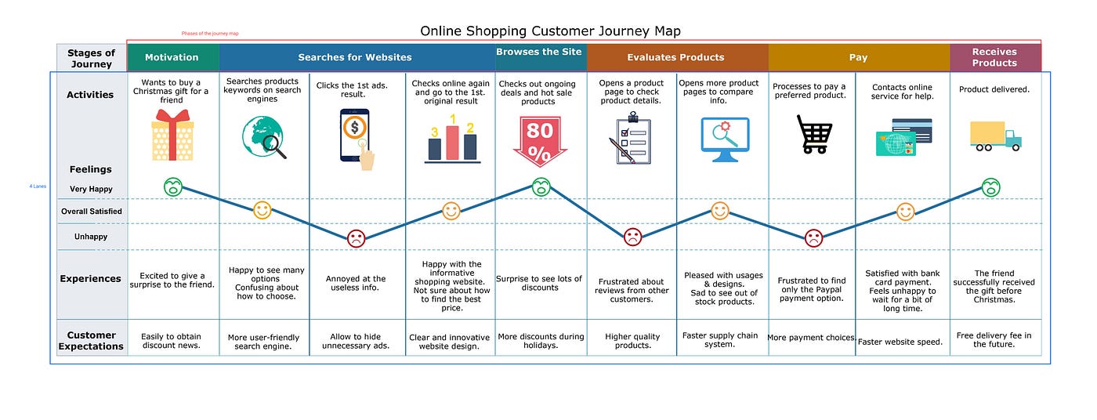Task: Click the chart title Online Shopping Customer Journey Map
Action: (x=550, y=31)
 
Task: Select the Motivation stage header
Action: (x=172, y=57)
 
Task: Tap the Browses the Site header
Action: (x=540, y=52)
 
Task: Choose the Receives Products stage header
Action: (x=994, y=57)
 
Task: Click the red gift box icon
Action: (x=173, y=135)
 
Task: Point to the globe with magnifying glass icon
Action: (x=263, y=137)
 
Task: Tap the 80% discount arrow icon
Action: (x=539, y=141)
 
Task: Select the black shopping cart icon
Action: (x=813, y=134)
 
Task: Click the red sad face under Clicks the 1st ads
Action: (x=356, y=238)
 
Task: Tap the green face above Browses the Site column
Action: (x=541, y=187)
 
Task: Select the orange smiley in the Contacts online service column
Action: (x=905, y=212)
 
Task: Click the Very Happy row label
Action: (x=90, y=189)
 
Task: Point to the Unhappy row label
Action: (x=90, y=237)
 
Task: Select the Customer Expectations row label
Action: (x=91, y=341)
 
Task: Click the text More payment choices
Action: (x=811, y=338)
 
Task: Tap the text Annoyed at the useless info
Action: (x=356, y=283)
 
